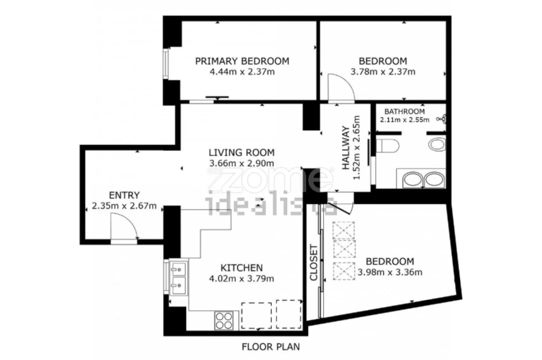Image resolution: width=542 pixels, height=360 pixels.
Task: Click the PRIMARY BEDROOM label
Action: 242,61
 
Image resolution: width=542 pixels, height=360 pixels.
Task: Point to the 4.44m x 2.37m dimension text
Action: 242,72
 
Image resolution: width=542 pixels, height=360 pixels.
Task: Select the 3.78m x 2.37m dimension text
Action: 383,72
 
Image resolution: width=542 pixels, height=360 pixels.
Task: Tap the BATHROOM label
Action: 405,111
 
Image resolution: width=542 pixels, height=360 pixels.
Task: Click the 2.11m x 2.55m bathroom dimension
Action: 405,120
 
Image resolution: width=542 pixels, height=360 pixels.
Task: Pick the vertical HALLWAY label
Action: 346,148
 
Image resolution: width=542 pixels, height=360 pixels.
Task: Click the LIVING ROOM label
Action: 242,152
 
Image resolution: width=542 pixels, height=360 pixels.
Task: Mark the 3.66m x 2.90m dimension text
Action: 242,163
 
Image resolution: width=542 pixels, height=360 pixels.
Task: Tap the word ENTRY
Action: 124,195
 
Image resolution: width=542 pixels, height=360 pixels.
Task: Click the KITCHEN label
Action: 242,267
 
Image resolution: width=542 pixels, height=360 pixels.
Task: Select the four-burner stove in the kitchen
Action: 224,320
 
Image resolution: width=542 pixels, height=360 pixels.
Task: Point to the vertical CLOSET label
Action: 314,263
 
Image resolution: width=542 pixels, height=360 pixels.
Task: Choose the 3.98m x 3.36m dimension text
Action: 390,272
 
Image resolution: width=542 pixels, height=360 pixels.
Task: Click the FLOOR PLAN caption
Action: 271,346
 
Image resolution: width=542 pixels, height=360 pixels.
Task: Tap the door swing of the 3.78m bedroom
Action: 341,88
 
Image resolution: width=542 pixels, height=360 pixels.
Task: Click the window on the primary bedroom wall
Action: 166,64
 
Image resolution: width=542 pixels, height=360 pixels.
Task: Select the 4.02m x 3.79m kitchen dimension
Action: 242,278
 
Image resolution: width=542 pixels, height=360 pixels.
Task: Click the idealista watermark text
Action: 271,206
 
